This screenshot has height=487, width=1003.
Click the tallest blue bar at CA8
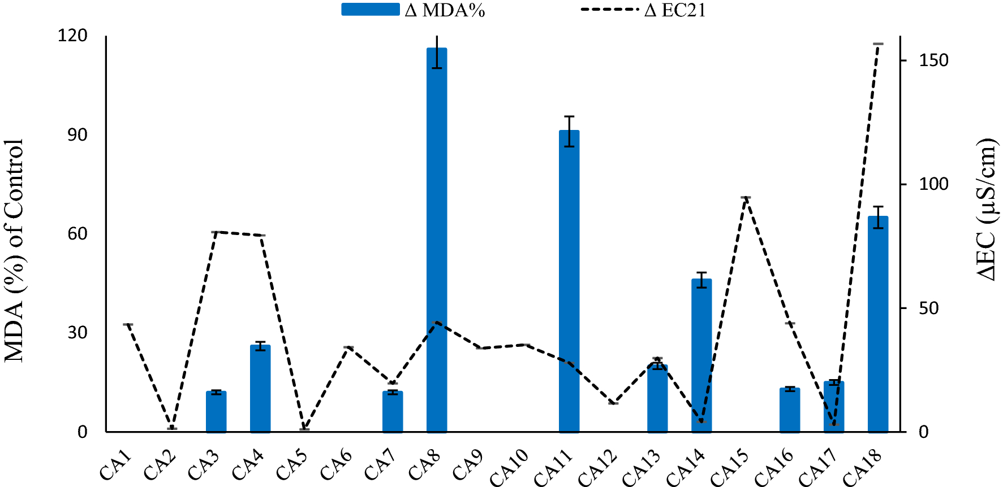[436, 243]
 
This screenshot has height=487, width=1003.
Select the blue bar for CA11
[569, 282]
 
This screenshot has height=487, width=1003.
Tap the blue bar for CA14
[701, 356]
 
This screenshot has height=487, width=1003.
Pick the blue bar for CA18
[877, 325]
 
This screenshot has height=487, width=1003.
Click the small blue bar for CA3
[216, 412]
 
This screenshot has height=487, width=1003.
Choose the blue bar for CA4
[260, 390]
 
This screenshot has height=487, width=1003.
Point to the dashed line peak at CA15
[746, 198]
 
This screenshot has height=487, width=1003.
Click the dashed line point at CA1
[128, 324]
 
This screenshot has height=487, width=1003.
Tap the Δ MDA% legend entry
[413, 10]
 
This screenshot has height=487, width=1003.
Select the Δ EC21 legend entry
[645, 10]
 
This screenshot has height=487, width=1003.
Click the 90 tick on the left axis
[78, 135]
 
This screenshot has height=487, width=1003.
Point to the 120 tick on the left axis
[73, 36]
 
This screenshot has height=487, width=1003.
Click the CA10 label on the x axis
[510, 467]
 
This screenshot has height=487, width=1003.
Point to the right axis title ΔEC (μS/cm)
[987, 209]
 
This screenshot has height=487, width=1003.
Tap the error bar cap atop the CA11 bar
[569, 116]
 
